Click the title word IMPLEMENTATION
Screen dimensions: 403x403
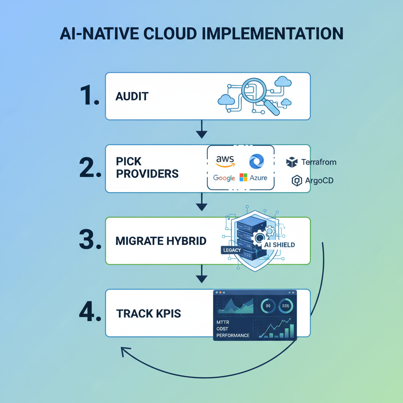click(272, 33)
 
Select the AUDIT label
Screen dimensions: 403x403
click(132, 96)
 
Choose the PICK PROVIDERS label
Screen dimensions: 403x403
click(147, 168)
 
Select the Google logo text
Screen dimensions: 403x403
click(224, 178)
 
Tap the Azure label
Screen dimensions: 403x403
click(258, 178)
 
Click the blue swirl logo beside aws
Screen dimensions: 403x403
click(257, 161)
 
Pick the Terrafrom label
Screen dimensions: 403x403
click(318, 162)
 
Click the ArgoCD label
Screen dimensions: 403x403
click(319, 181)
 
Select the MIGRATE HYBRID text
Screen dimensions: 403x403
click(161, 241)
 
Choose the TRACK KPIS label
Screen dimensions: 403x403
click(148, 314)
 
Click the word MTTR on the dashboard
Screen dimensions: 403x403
click(223, 322)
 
